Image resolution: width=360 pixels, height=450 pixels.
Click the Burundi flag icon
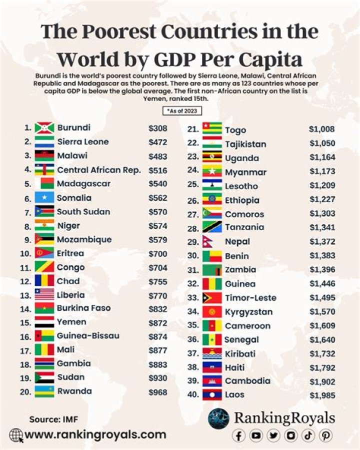point(44,128)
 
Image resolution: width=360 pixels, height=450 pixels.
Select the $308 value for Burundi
point(157,128)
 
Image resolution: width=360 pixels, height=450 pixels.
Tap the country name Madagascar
point(83,184)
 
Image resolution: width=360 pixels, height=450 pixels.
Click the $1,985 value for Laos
point(321,395)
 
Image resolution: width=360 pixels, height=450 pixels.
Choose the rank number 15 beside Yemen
point(25,322)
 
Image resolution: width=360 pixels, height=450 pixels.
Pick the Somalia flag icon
point(44,198)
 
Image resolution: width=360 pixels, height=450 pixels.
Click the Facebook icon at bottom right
point(239,436)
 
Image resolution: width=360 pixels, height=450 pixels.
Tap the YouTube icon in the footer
point(256,436)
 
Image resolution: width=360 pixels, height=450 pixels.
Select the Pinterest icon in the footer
point(325,436)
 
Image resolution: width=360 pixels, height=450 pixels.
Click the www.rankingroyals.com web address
point(95,434)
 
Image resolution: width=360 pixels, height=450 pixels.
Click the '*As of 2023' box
point(179,111)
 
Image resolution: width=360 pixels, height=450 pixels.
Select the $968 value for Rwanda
point(157,392)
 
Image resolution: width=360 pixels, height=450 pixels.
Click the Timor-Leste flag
point(212,298)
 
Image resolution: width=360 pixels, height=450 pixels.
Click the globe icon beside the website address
point(16,435)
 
